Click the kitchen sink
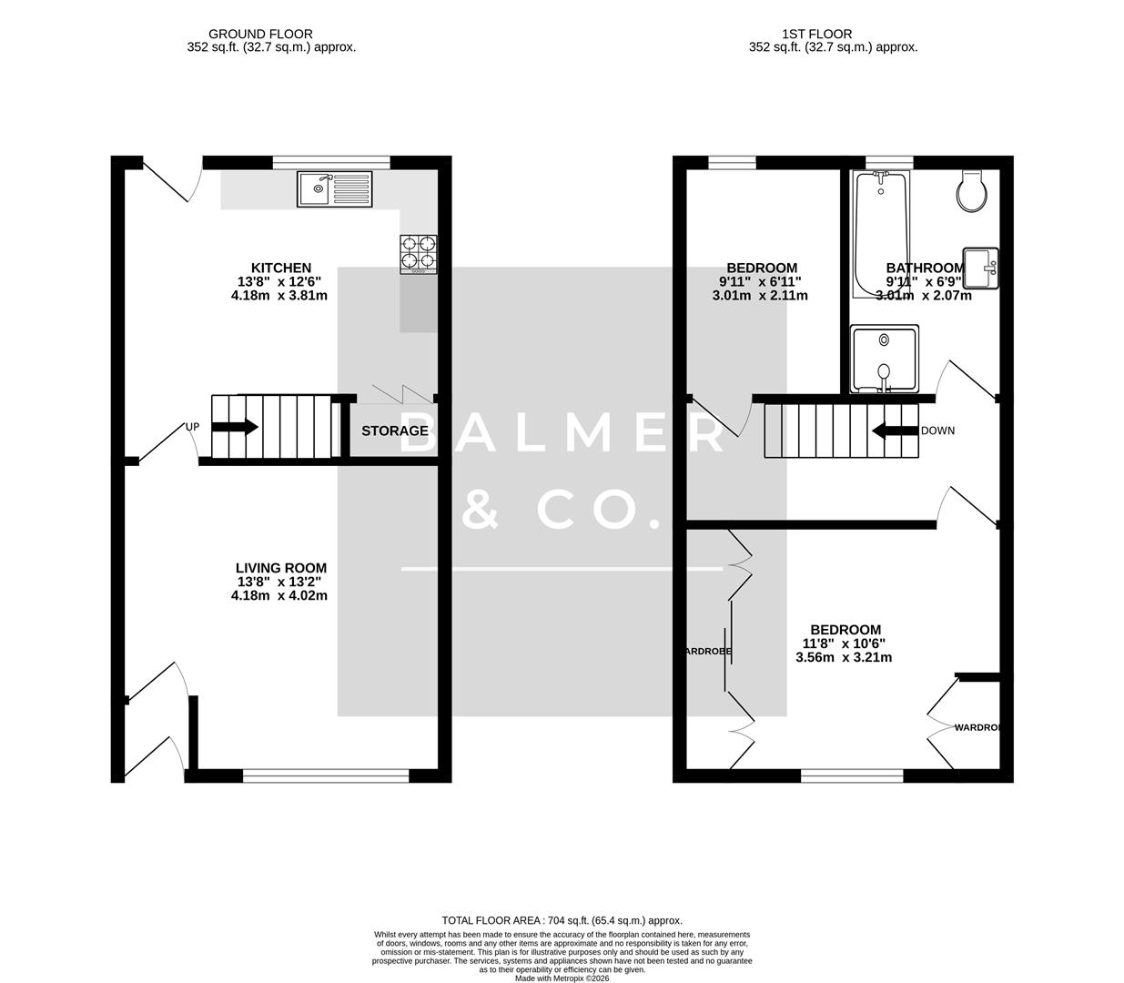(x=334, y=189)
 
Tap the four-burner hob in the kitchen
(x=419, y=254)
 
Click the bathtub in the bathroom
(x=879, y=235)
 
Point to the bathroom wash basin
(x=981, y=268)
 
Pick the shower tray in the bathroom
(x=884, y=359)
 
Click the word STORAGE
(x=394, y=431)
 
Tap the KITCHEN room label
(x=281, y=268)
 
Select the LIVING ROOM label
(x=280, y=568)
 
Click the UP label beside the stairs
(x=192, y=427)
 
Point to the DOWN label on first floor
(x=937, y=431)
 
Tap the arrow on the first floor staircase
(x=894, y=431)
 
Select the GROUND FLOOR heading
(x=260, y=35)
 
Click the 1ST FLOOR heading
(x=816, y=35)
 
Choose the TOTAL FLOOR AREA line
(x=562, y=920)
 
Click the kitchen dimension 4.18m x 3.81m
(x=279, y=296)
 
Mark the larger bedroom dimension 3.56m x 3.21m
(x=844, y=657)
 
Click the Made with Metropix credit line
(x=562, y=978)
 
